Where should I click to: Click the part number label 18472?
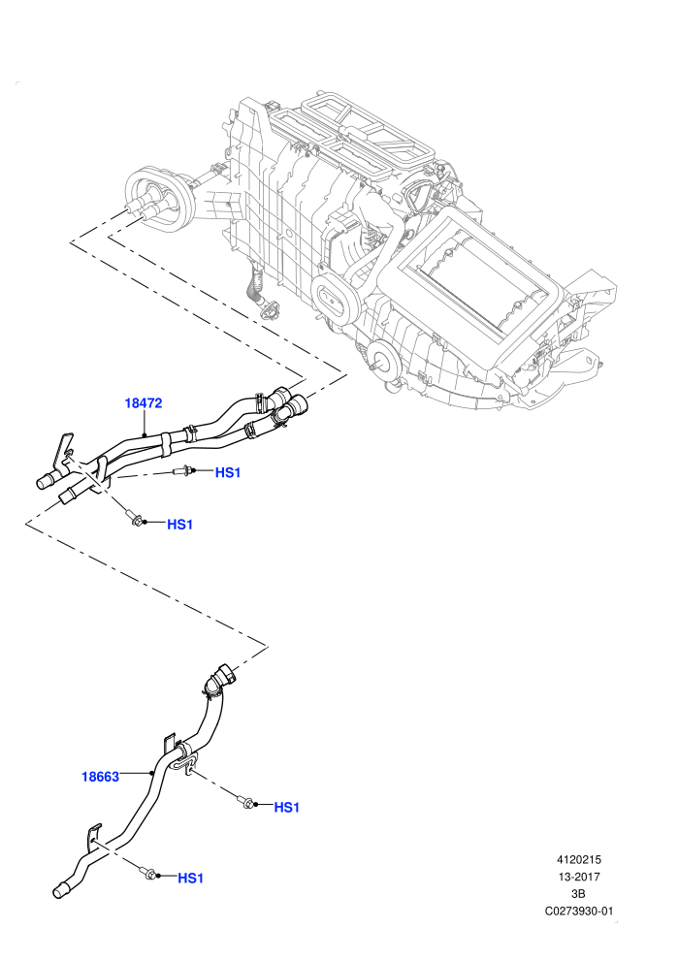click(144, 402)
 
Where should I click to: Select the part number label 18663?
click(101, 777)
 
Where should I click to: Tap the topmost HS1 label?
click(228, 472)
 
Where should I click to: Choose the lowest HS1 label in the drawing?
click(190, 878)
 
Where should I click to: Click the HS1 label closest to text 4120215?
click(286, 808)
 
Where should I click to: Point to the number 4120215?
click(578, 859)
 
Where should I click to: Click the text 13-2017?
click(578, 877)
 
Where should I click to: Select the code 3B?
click(578, 894)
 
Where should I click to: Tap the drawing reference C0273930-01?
click(578, 911)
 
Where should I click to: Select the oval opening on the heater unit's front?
click(335, 298)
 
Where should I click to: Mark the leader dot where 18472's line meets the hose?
click(144, 434)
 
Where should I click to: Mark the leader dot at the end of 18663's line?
click(151, 773)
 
